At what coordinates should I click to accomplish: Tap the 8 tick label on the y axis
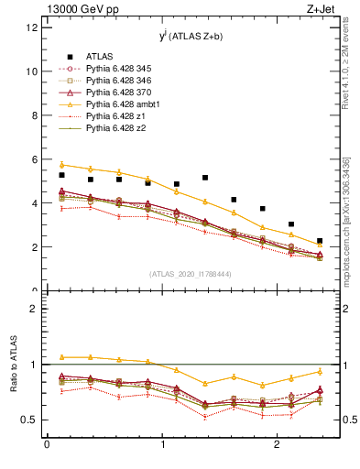(x=34, y=115)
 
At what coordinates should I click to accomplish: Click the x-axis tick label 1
(x=162, y=445)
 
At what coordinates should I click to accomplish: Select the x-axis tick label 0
(x=47, y=445)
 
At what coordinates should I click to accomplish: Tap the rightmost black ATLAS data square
(x=320, y=241)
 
